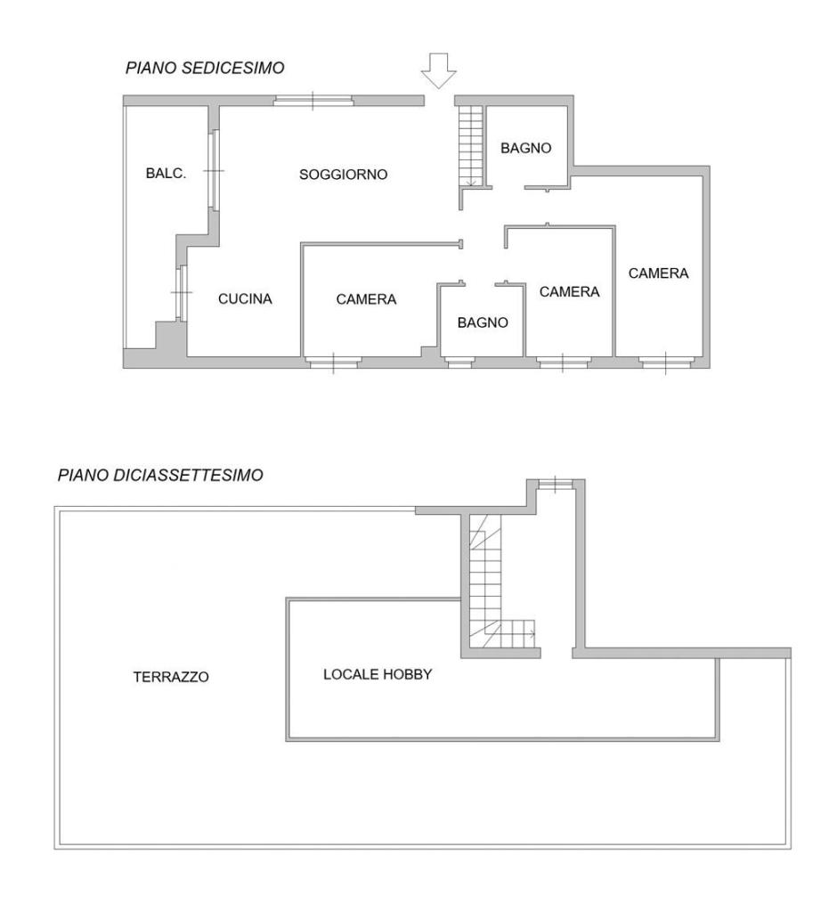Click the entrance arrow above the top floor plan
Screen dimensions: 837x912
[439, 70]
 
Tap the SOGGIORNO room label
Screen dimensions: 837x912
[343, 175]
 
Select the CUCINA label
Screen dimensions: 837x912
[245, 299]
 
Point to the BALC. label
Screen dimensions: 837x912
[166, 174]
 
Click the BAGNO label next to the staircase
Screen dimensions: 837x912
[526, 149]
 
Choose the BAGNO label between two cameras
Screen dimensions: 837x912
[483, 322]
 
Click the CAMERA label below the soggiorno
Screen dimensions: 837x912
[367, 299]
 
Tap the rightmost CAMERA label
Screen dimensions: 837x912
[658, 273]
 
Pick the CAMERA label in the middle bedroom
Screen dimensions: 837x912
[570, 292]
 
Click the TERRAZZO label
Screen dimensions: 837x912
[171, 677]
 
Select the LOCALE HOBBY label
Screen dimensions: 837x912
[378, 675]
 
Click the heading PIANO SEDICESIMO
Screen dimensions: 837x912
[205, 68]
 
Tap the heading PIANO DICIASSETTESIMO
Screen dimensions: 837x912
[160, 476]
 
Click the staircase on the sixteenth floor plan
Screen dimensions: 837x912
[471, 146]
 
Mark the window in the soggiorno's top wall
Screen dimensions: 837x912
[313, 101]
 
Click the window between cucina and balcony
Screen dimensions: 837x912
[182, 292]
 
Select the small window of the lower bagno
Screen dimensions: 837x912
[459, 363]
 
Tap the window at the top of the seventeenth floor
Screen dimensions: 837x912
[556, 484]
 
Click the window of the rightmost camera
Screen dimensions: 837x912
[666, 363]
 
